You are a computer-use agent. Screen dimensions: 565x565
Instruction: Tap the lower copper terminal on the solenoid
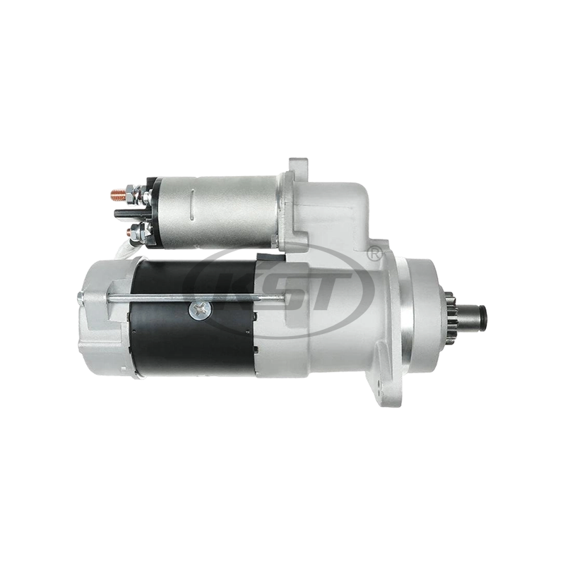[126, 231]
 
